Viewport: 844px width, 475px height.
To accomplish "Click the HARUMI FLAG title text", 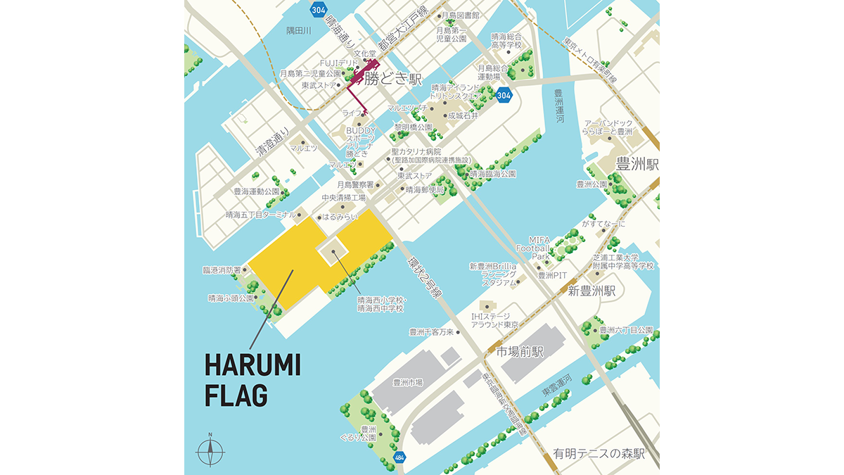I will click(252, 380).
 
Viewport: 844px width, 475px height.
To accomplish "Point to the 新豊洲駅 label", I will click(592, 290).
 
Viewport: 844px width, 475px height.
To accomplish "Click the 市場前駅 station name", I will click(520, 351).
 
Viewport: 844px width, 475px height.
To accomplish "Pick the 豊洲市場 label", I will click(408, 382).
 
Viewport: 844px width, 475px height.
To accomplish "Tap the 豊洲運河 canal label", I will click(560, 106).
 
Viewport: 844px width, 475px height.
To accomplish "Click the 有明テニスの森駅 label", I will click(599, 454).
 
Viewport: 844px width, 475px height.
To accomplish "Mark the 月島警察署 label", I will click(356, 184).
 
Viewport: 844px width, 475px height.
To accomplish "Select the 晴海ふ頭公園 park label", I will click(231, 298).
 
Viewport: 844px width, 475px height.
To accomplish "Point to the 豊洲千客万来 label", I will click(433, 332).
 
